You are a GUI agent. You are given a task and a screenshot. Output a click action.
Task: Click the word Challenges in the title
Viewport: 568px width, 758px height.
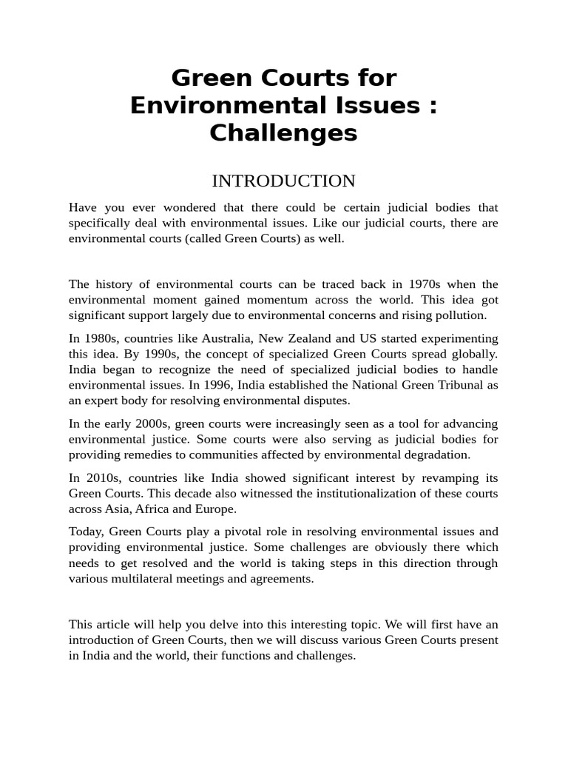click(x=283, y=133)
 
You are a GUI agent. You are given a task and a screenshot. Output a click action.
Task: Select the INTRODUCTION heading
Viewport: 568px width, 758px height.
click(x=283, y=181)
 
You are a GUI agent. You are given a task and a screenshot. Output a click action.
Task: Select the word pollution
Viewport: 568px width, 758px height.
click(x=462, y=315)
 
